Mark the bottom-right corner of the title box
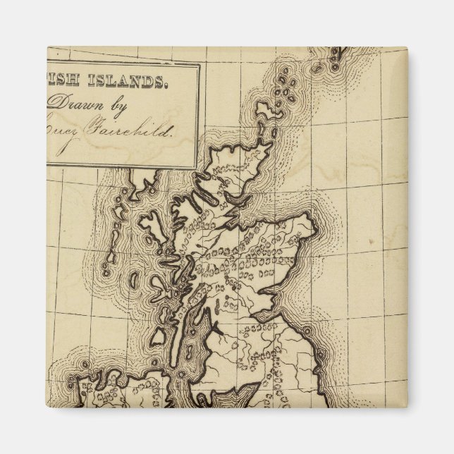click(198, 167)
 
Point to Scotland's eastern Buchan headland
click(311, 226)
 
